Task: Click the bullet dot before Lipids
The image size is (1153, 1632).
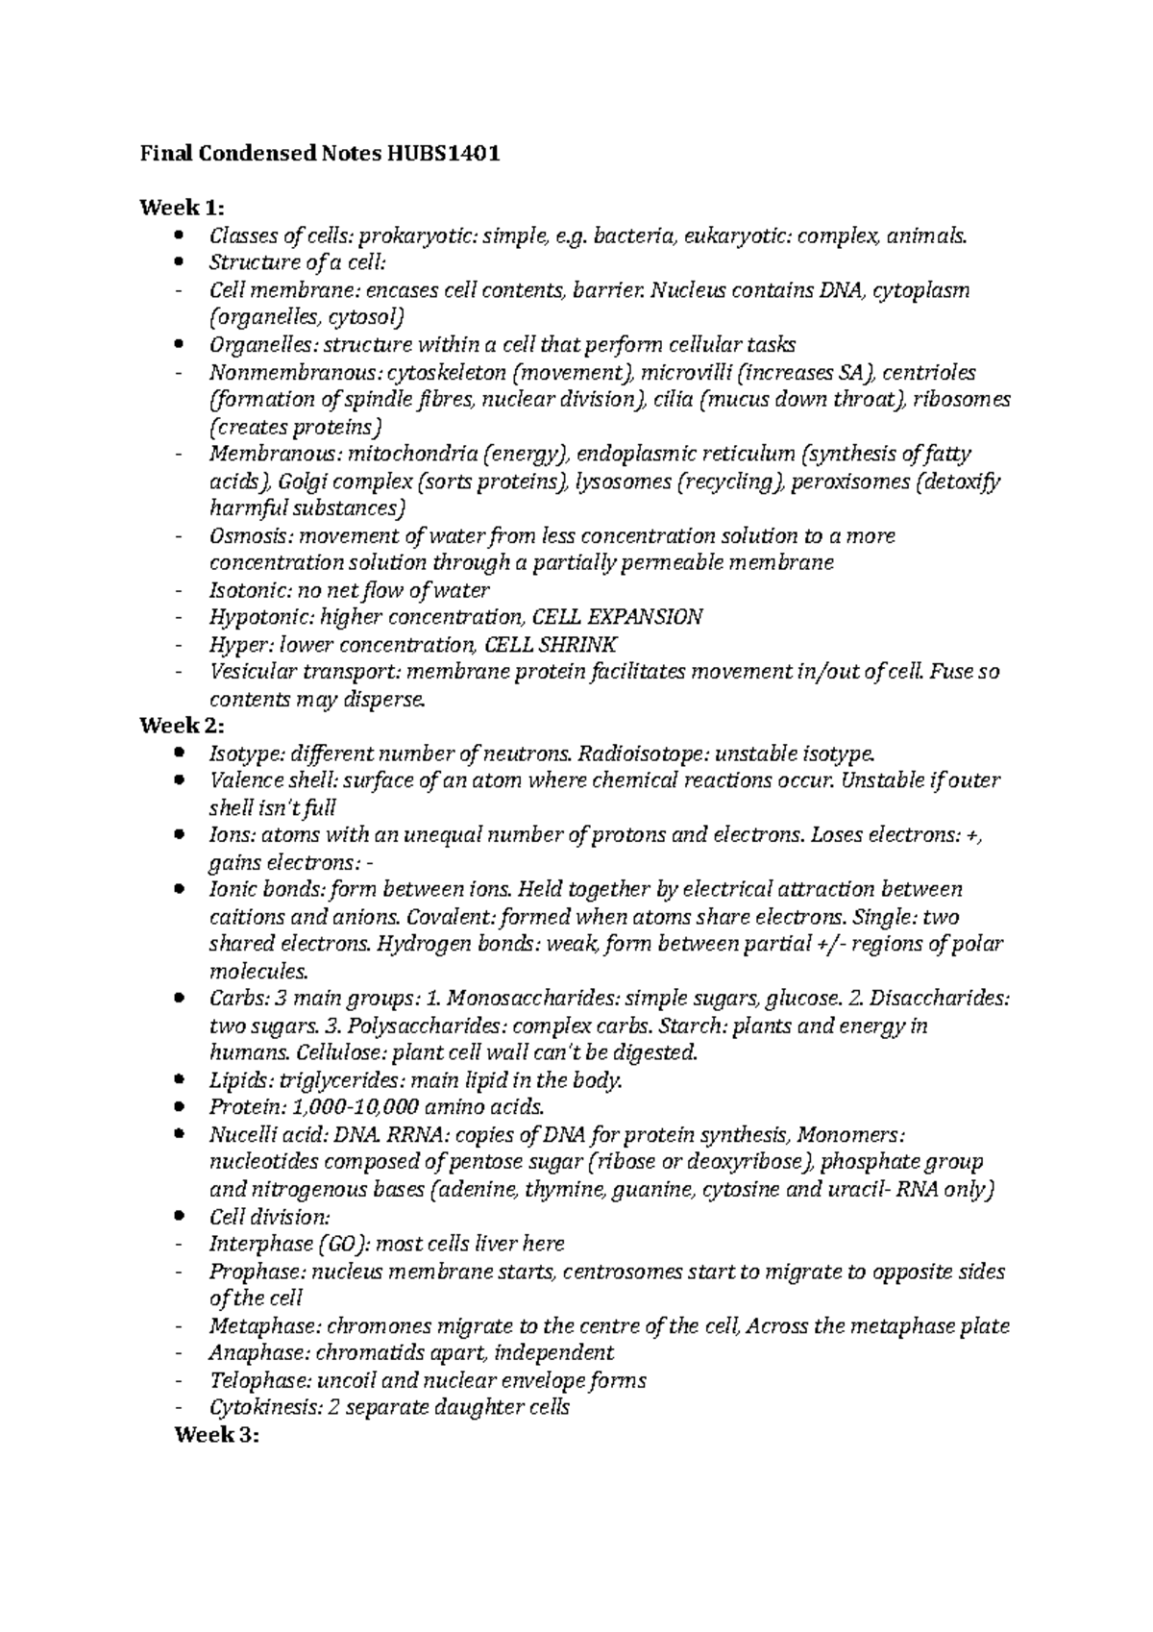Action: [x=179, y=1080]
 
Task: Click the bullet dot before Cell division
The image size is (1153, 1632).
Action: [x=179, y=1217]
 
